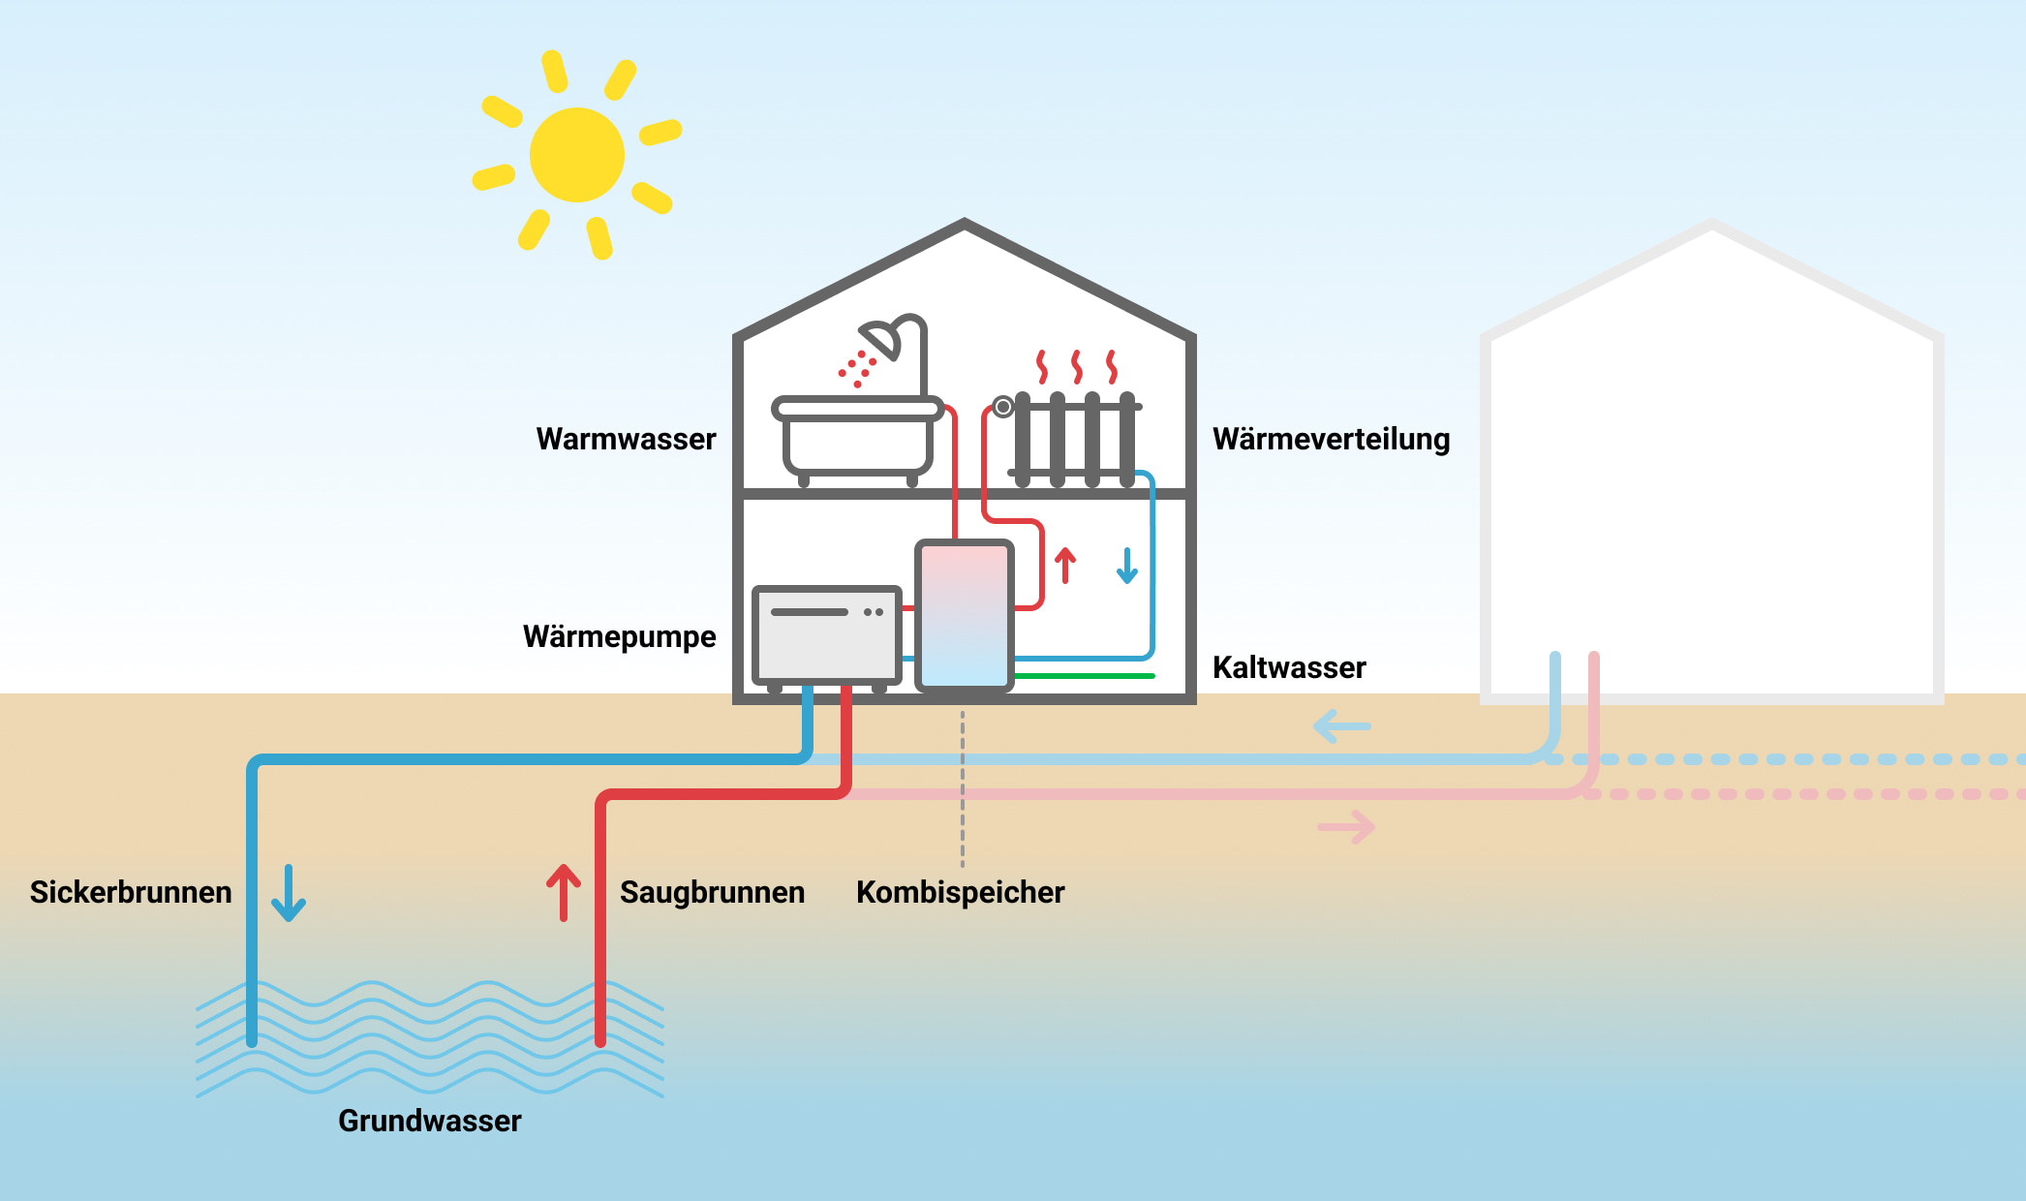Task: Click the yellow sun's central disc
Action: pos(577,155)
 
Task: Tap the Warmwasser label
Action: pos(626,439)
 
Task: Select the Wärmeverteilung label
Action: pos(1331,439)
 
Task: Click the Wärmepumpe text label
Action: pos(619,636)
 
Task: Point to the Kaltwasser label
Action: pos(1288,667)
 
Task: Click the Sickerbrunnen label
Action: pos(131,892)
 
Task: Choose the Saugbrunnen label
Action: pos(712,892)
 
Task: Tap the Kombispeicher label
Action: pos(960,892)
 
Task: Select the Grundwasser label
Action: pos(429,1121)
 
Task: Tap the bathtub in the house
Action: pos(857,441)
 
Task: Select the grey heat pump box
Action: pos(826,634)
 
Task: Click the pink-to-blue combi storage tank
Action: pos(965,616)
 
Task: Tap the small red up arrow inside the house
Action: pos(1065,565)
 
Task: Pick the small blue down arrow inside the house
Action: pos(1127,566)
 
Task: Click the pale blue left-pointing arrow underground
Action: pos(1341,725)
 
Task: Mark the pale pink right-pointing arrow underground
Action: pos(1347,827)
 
